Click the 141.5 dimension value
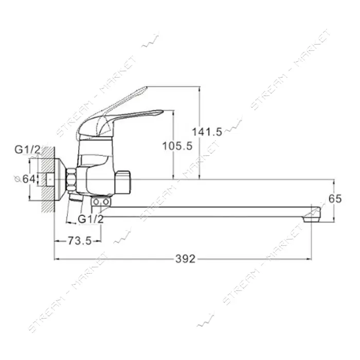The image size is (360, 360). pos(207,132)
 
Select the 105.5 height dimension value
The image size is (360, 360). pos(177,146)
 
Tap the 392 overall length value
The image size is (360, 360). pos(186,259)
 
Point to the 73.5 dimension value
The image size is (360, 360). pos(80,241)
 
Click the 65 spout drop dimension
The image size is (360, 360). pos(335,199)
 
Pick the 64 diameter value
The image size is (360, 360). pos(29,179)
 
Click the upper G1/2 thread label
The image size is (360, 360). pos(27,150)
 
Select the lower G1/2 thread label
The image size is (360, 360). pos(91,219)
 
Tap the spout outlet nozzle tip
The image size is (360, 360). pos(312,220)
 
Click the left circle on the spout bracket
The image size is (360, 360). pos(96,202)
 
